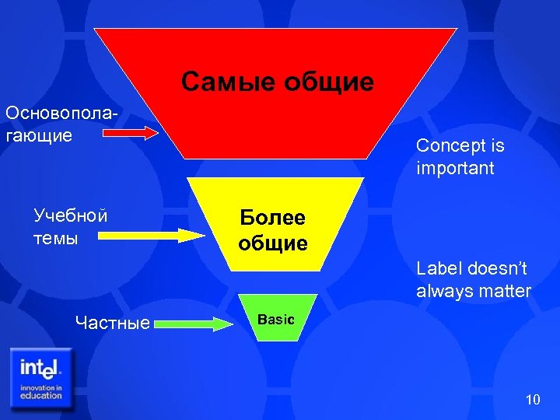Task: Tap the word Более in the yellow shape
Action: pos(273,218)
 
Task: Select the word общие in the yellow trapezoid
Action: pos(273,243)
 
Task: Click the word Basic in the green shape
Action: pos(276,320)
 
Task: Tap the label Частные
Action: pos(113,322)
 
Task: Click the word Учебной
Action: pos(70,215)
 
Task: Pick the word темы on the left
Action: pos(56,238)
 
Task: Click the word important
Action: pos(455,168)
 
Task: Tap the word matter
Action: pos(506,292)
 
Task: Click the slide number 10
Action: pos(532,400)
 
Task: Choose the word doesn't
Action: pos(499,269)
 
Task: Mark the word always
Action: pos(446,292)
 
